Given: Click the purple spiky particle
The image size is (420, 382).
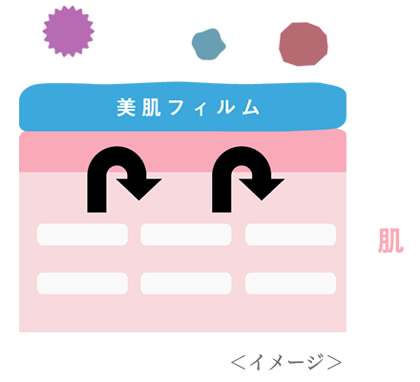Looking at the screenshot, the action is (69, 32).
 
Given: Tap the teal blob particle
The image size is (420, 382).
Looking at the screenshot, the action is (208, 44).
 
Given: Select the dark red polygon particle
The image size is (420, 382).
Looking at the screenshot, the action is (304, 44).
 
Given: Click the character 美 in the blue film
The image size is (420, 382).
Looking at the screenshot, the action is (126, 108).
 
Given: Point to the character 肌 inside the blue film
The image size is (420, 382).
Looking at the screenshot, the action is (151, 108).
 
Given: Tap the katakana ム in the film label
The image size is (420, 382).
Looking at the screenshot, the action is (251, 108).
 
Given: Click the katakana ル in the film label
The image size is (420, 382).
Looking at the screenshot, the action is (225, 108).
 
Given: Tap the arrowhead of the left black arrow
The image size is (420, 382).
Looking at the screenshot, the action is (139, 188).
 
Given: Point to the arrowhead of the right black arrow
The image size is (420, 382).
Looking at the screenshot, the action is (262, 188).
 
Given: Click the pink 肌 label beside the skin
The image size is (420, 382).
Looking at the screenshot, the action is (390, 241).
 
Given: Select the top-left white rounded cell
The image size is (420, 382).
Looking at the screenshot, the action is (82, 235).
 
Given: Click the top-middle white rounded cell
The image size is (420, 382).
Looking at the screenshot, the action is (186, 235).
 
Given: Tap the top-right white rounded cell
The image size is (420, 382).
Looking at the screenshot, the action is (290, 235).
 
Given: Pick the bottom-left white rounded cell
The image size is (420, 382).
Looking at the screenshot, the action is (82, 284).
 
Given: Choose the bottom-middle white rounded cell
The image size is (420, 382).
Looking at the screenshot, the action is (186, 284).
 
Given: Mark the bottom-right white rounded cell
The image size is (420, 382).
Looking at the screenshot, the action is (290, 284).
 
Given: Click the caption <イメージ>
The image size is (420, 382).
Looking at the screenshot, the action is (286, 362).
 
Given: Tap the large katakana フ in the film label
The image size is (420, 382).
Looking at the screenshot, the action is (176, 108).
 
